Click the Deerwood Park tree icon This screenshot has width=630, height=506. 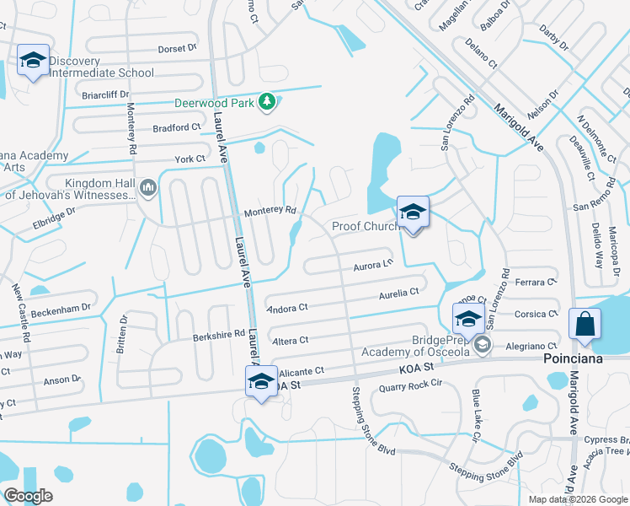click(x=268, y=102)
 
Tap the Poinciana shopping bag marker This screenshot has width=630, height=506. click(x=585, y=325)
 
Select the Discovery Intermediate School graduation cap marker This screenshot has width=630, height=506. click(x=33, y=61)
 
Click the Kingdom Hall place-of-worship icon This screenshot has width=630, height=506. click(x=149, y=186)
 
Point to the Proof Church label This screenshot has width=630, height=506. click(x=365, y=226)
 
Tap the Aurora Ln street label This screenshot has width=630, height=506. click(x=373, y=265)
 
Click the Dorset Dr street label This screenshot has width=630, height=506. click(x=177, y=49)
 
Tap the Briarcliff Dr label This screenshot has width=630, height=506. click(x=104, y=94)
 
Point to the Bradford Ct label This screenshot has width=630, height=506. click(x=177, y=126)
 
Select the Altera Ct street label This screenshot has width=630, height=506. click(x=291, y=340)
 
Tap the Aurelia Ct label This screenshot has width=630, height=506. click(x=398, y=292)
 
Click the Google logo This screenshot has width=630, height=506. click(x=29, y=495)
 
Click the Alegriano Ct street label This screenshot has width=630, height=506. click(x=531, y=346)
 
